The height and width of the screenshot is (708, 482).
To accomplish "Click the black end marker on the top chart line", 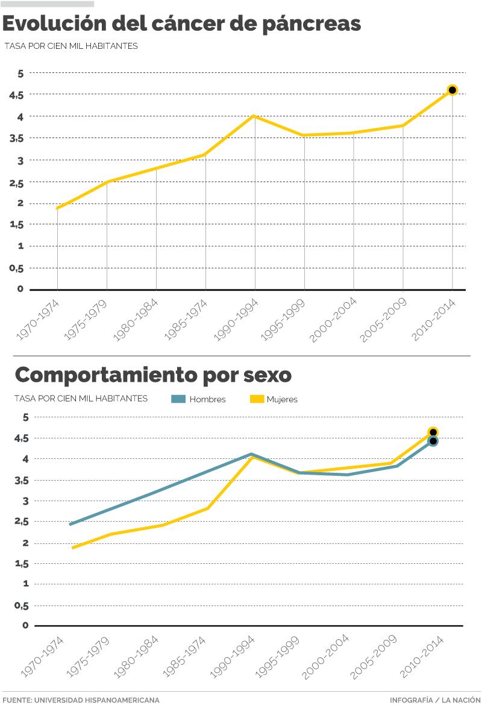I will [x=452, y=90].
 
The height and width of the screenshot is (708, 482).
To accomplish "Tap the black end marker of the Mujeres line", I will [x=433, y=432].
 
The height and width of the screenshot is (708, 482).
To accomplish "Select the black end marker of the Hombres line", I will [x=433, y=441].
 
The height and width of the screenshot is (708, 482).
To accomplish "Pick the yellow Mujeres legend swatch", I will [x=257, y=399].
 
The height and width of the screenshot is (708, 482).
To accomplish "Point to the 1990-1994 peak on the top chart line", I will [x=254, y=116].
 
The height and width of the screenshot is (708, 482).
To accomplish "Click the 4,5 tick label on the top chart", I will [x=16, y=95].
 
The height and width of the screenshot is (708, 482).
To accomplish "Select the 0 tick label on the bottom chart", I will [x=25, y=625].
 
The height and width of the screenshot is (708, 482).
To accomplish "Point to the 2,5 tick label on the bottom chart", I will [x=21, y=522].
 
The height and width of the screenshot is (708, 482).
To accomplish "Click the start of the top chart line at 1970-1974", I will [x=57, y=208].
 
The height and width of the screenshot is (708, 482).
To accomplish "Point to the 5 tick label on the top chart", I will [x=20, y=74].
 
